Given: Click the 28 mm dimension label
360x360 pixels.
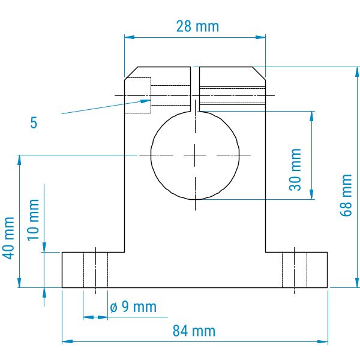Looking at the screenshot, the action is tap(197, 26).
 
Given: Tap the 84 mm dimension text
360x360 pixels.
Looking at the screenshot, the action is tap(194, 331).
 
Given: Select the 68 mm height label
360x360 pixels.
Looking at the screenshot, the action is tap(346, 195).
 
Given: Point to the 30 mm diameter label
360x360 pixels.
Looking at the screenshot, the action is tap(295, 170).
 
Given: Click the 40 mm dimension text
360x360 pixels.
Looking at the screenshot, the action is tap(9, 238).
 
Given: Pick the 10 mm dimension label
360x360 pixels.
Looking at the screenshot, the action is tap(33, 220).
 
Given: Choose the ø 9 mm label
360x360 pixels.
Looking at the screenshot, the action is tap(133, 307).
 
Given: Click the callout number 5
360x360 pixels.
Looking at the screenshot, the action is tap(34, 122).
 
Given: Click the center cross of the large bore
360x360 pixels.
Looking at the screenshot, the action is tap(195, 155).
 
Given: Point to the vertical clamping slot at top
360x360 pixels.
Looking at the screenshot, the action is tap(195, 89).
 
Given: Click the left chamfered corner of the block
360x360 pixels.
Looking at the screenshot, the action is tap(131, 73).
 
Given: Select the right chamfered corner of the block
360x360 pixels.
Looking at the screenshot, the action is tap(259, 73).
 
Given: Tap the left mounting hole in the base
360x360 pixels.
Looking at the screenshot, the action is tap(96, 270).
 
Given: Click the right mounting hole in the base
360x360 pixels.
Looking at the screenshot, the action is tap(295, 270).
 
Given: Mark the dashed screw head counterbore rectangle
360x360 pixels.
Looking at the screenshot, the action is tap(138, 95).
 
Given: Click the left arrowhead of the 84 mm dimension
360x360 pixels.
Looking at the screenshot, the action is tap(67, 341).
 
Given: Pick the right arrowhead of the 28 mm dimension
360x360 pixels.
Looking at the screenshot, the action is tap(260, 37).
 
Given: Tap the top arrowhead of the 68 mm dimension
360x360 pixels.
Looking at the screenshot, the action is tap(357, 72).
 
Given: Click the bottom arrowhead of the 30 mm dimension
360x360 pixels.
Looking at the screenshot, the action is tap(312, 194).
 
